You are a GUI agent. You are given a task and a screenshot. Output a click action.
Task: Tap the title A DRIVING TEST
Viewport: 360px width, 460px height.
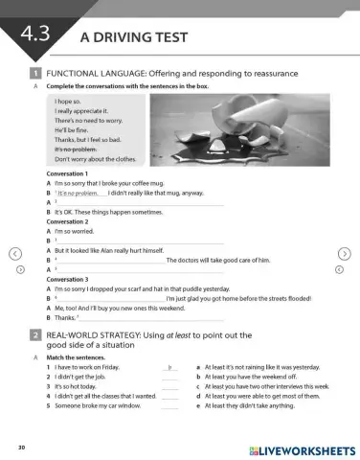pyautogui.click(x=133, y=37)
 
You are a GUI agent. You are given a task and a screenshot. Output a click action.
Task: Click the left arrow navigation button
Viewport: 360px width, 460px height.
pyautogui.click(x=13, y=253)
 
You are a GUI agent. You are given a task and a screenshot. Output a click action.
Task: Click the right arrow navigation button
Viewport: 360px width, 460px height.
pyautogui.click(x=346, y=253)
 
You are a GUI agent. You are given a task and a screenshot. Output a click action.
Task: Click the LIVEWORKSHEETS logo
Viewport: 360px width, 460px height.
pyautogui.click(x=301, y=448)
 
